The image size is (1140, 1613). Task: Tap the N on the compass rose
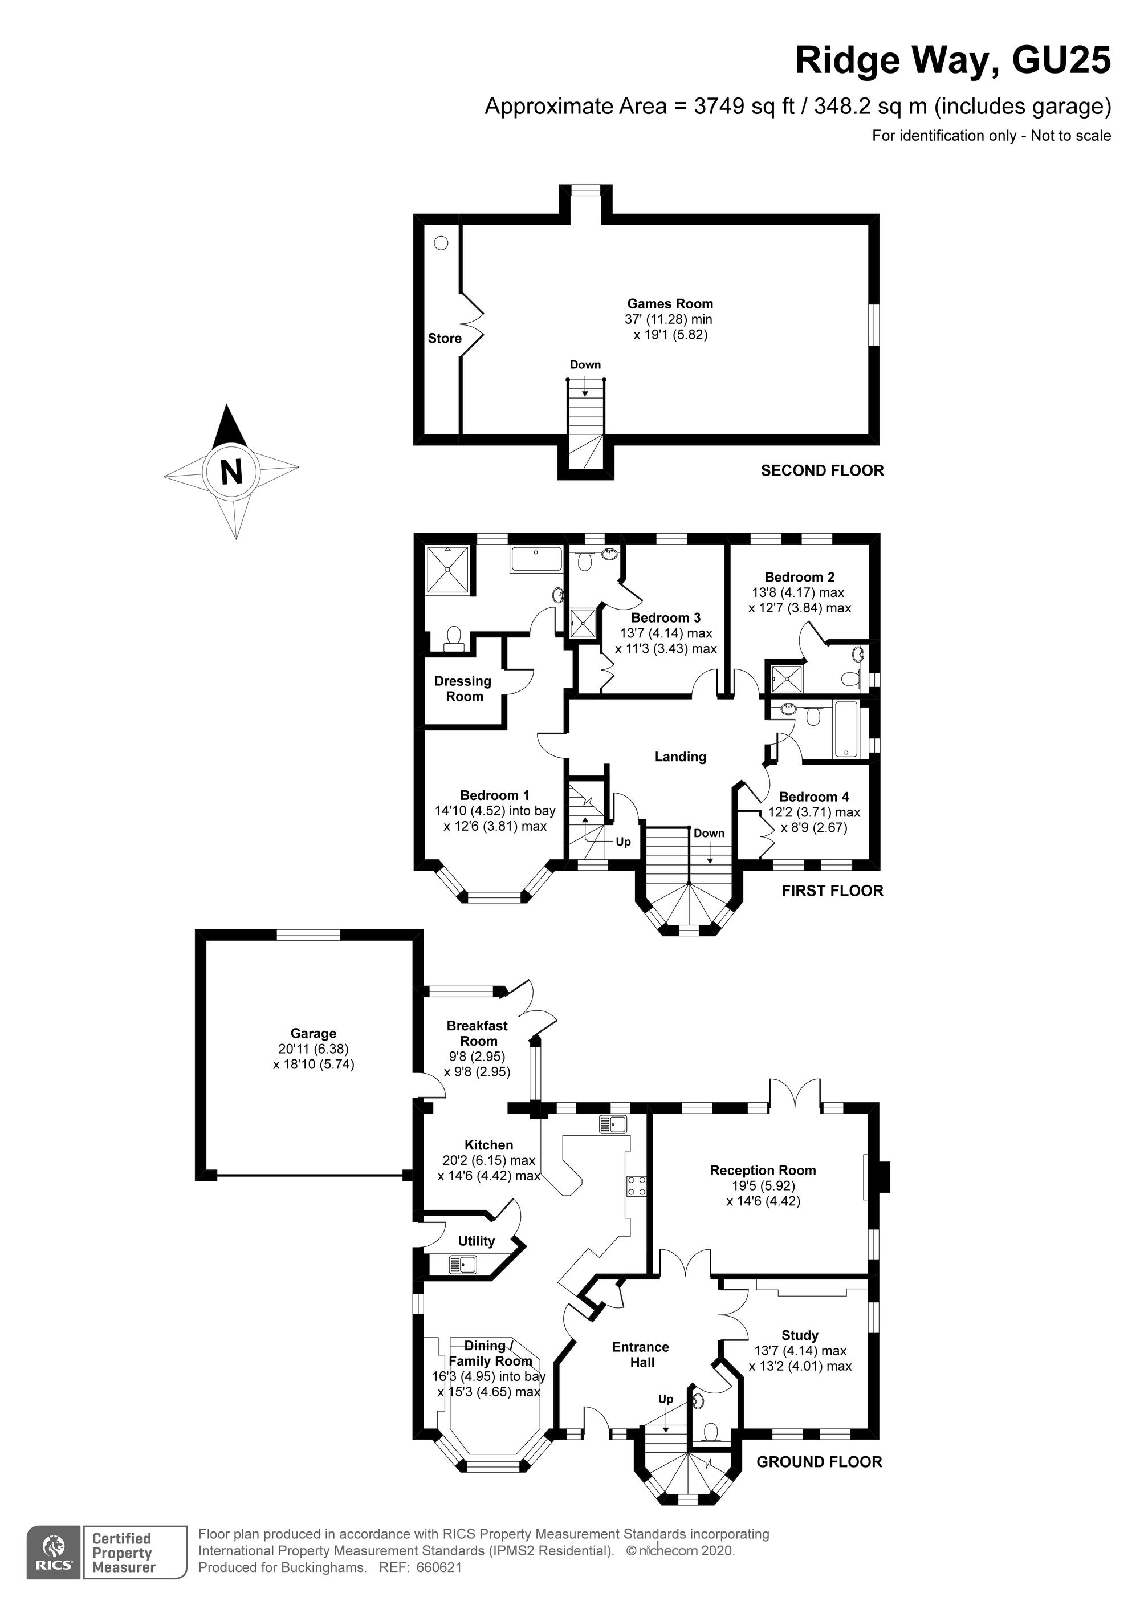point(231,472)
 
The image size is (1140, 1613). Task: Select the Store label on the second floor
point(445,338)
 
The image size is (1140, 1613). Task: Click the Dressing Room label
point(463,689)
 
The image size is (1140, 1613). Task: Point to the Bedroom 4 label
point(813,797)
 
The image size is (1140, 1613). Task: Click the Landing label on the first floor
point(680,757)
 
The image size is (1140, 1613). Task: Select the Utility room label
point(476,1241)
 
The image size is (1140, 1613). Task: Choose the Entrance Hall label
point(641,1355)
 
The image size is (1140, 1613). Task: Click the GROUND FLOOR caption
point(819,1461)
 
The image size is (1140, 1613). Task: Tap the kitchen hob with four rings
point(636,1186)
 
